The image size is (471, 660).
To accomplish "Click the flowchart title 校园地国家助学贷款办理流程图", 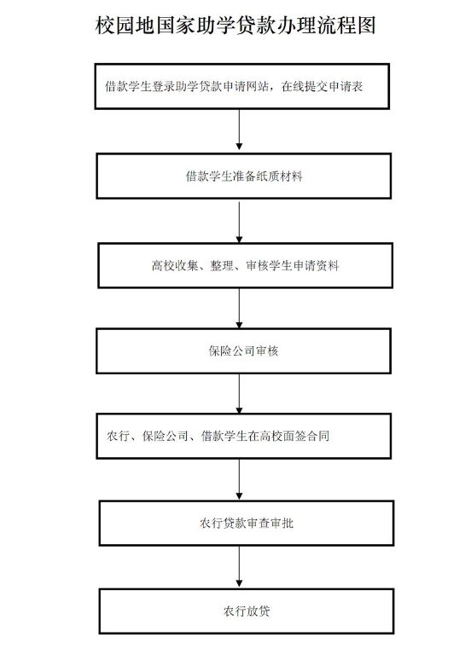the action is click(x=235, y=26).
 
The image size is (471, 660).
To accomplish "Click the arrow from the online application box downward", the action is click(x=239, y=130).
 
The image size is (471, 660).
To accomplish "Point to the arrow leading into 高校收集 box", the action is click(x=239, y=221).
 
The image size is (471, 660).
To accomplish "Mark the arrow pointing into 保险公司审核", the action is click(x=239, y=309).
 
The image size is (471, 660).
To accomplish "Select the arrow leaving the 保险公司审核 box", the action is click(x=239, y=394).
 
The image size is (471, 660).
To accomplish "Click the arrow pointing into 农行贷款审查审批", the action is click(x=239, y=479).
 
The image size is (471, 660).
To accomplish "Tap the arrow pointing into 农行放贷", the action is click(x=239, y=567).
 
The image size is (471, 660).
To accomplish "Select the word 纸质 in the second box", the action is click(x=268, y=176).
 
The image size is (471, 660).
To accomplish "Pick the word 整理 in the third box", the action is click(x=222, y=265).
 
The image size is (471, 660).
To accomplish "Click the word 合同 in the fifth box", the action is click(x=317, y=436).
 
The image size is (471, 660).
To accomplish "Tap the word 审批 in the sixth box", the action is click(x=282, y=524).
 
